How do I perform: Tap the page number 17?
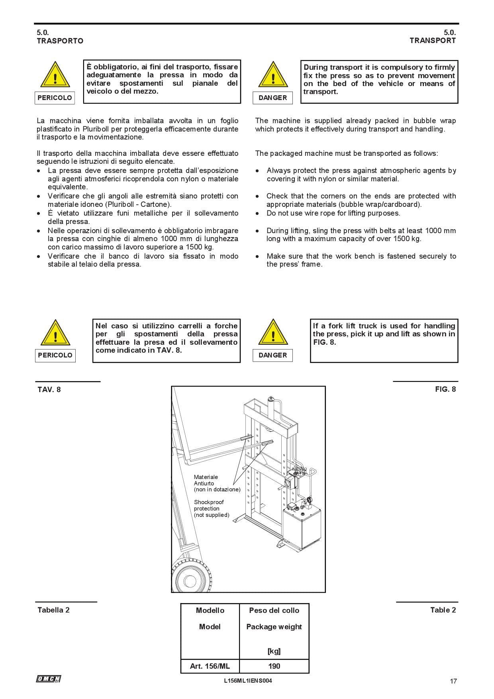[x=453, y=681]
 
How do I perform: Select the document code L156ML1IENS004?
[x=248, y=681]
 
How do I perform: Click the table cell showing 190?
[x=274, y=666]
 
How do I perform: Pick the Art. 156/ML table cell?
[x=210, y=666]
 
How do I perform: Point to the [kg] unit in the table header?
[x=274, y=651]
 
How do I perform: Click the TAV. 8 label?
[x=49, y=389]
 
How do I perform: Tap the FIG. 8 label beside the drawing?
[x=445, y=389]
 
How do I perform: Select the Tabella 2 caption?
[x=53, y=610]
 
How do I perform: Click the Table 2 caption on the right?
[x=443, y=610]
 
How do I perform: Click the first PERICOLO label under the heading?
[x=55, y=98]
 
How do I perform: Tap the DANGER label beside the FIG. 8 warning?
[x=272, y=355]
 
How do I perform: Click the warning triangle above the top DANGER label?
[x=273, y=75]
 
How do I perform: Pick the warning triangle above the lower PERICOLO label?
[x=55, y=333]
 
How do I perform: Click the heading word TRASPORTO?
[x=60, y=41]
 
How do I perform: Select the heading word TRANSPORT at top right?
[x=433, y=40]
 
